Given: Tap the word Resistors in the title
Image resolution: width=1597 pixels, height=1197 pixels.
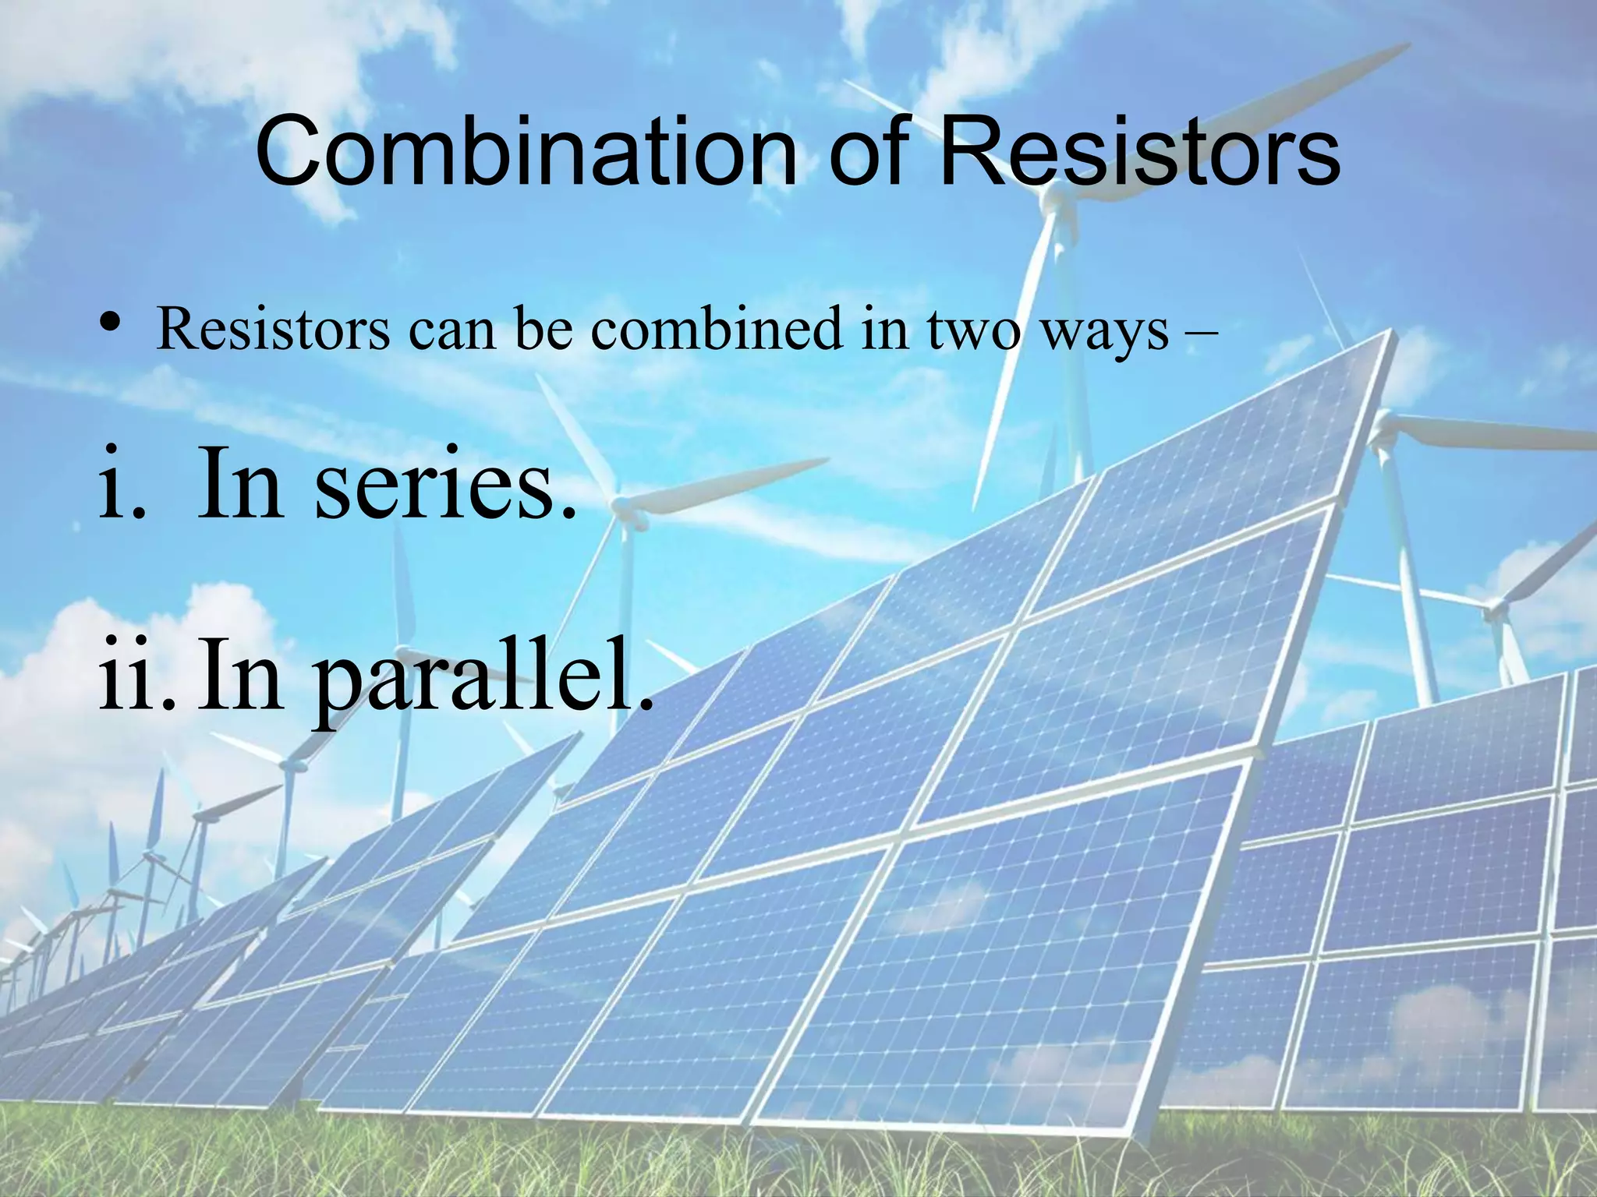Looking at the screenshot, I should point(1138,152).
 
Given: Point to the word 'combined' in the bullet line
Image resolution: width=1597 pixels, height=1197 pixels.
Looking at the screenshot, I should point(717,329).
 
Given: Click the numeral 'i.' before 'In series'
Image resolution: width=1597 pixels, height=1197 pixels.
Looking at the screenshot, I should point(122,485).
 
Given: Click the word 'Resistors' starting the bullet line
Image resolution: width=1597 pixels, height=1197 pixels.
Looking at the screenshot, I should point(273,329).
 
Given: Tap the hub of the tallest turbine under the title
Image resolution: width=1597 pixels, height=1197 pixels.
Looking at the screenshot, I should point(1054,197).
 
